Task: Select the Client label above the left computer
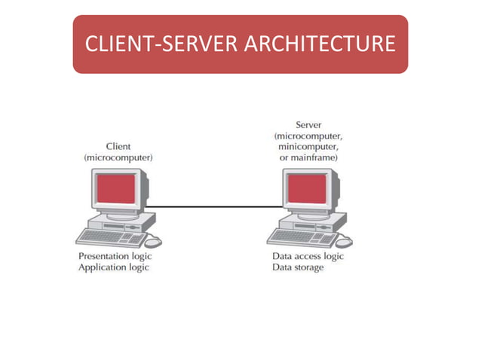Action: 118,146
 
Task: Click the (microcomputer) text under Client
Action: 118,158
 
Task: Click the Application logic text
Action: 114,268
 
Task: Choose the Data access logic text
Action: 308,256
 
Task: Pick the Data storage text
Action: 298,268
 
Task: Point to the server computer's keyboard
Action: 303,238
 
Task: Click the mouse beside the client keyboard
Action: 153,242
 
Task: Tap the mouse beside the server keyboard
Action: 345,242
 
